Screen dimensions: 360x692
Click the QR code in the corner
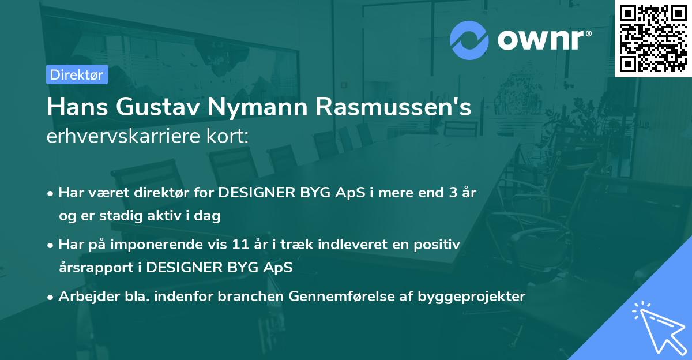653,38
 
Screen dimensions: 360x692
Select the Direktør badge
77,74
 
